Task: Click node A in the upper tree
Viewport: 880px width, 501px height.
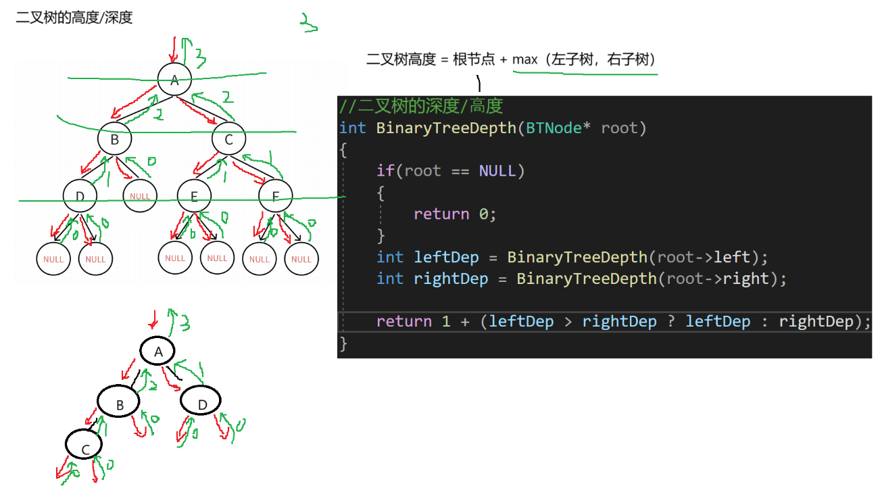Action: click(x=175, y=80)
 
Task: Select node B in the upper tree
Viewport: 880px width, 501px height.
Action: click(x=114, y=140)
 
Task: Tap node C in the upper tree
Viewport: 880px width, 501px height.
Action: click(x=228, y=140)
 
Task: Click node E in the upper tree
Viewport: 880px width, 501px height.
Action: click(x=195, y=197)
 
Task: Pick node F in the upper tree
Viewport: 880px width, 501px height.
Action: click(x=275, y=197)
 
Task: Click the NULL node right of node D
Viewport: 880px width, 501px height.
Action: click(x=140, y=196)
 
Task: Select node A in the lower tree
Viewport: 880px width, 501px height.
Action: click(x=158, y=352)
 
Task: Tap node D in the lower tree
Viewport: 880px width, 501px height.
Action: click(x=201, y=404)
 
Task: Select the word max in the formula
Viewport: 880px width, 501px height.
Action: click(x=524, y=59)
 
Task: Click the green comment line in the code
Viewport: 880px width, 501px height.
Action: click(x=421, y=106)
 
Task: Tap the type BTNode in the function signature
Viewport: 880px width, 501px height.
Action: click(x=554, y=128)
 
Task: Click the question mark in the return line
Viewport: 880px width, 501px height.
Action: click(x=671, y=321)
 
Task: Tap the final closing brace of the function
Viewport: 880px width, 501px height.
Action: click(x=343, y=343)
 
